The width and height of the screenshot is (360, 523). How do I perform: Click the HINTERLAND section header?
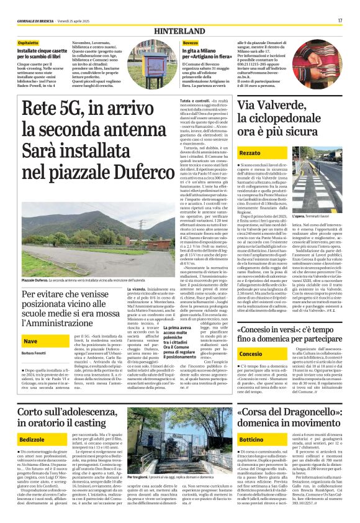pyautogui.click(x=180, y=30)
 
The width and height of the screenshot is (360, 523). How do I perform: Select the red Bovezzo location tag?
pyautogui.click(x=190, y=42)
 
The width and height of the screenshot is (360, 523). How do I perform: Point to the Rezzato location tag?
pyautogui.click(x=250, y=152)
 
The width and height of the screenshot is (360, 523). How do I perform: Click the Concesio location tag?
pyautogui.click(x=251, y=370)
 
